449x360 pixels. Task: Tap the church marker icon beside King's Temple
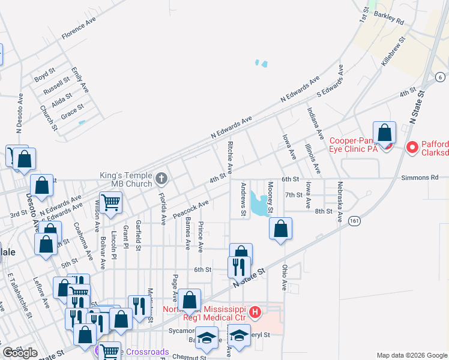tap(161, 178)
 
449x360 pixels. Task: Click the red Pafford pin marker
tap(412, 147)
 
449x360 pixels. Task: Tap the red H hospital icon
tap(255, 311)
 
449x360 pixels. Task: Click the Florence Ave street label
tap(78, 29)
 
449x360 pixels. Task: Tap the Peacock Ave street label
tap(191, 208)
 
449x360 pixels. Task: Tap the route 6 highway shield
tap(440, 77)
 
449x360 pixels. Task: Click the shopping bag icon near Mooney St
tap(280, 229)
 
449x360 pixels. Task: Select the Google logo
tap(20, 352)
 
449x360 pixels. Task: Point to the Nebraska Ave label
tap(340, 202)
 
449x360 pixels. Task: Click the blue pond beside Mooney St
tap(260, 205)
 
